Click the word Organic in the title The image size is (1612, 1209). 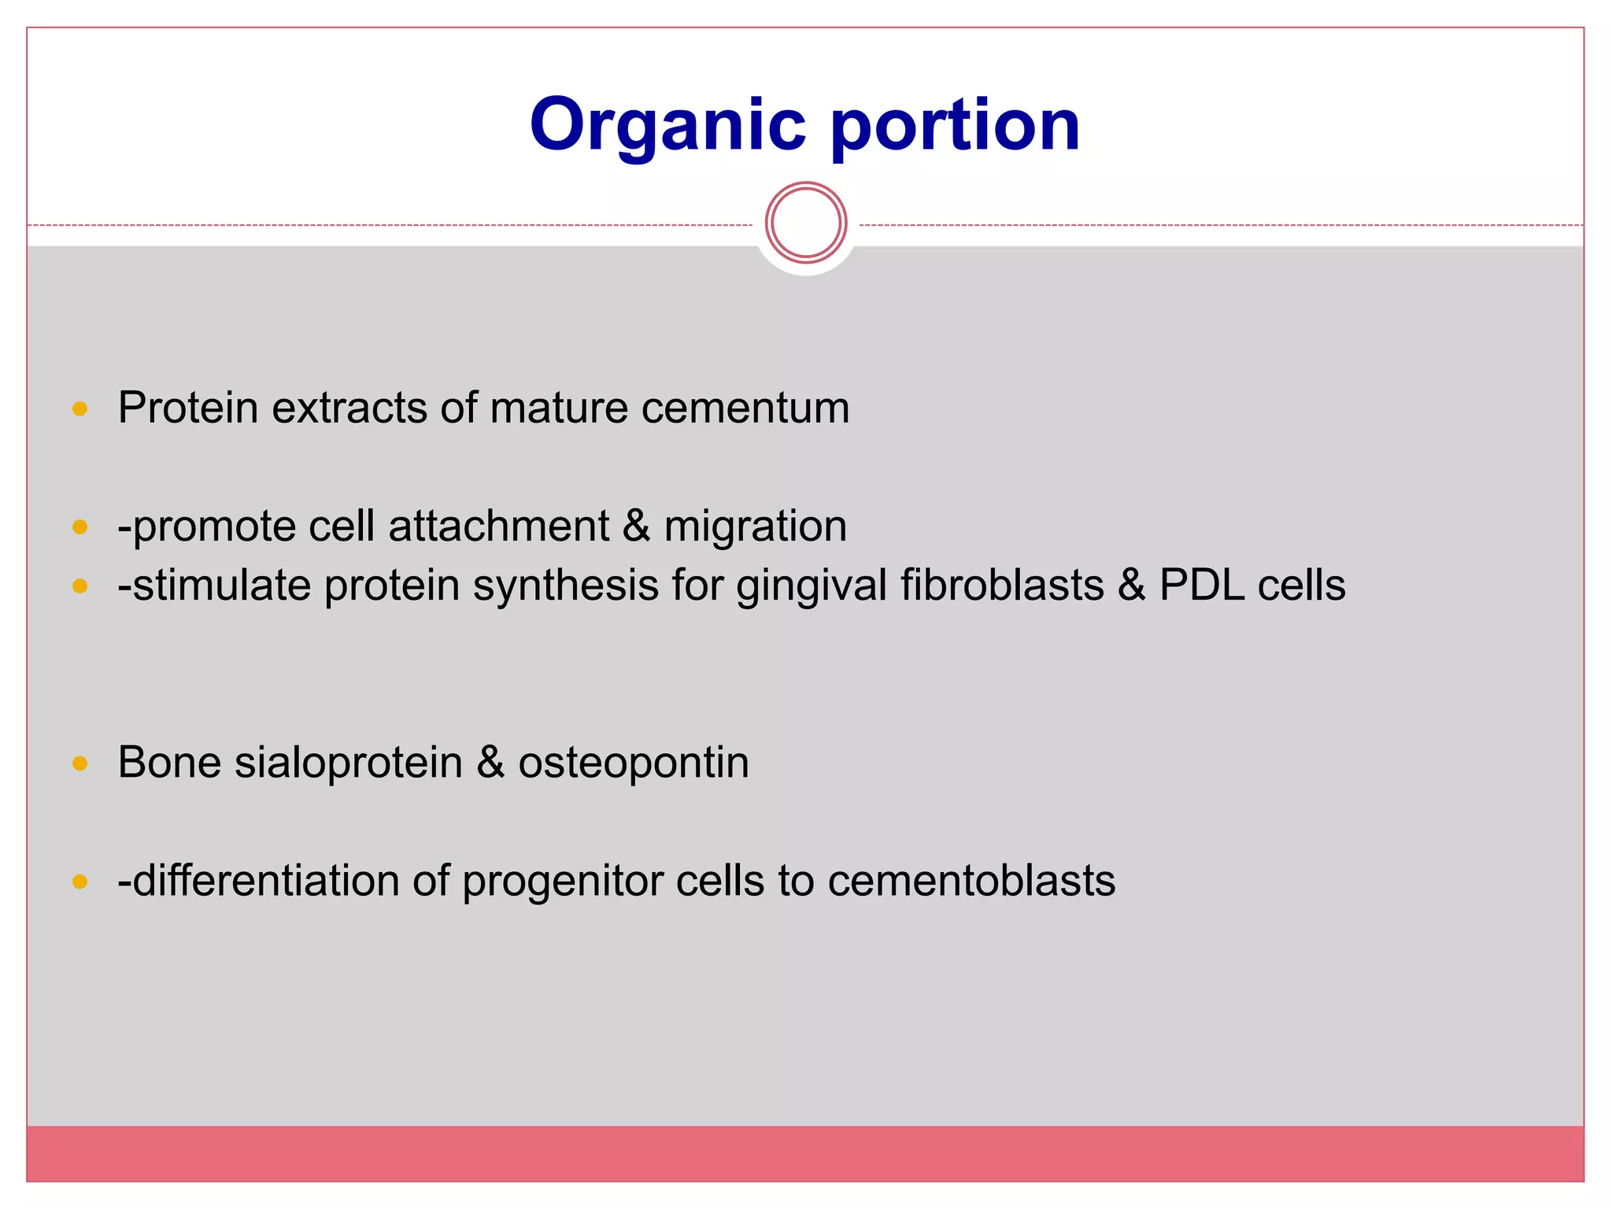[667, 126]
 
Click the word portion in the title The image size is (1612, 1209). [955, 126]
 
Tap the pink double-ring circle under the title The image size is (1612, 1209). [805, 223]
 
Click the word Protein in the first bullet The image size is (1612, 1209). [188, 408]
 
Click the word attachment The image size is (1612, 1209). [498, 526]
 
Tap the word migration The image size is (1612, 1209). [755, 526]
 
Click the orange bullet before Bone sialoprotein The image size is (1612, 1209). [79, 763]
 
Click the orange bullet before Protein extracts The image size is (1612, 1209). [79, 409]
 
